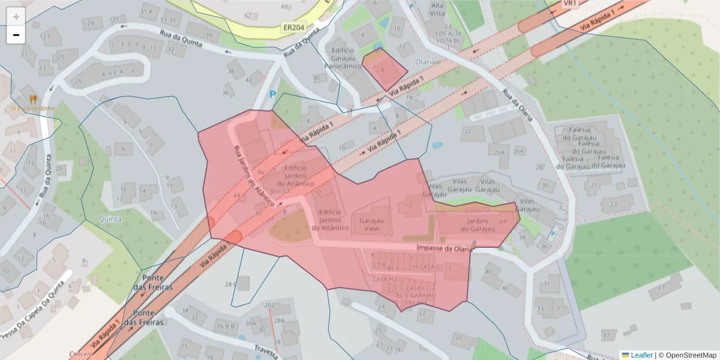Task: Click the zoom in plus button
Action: [16, 17]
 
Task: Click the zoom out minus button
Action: [16, 35]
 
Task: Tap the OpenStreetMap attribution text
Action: [687, 355]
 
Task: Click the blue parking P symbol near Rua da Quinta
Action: [273, 94]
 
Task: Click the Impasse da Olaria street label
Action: [442, 248]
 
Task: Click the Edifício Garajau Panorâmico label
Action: [343, 58]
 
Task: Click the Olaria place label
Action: [426, 61]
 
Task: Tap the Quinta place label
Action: [110, 219]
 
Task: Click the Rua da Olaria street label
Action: [517, 105]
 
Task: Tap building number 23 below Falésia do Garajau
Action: [613, 205]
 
